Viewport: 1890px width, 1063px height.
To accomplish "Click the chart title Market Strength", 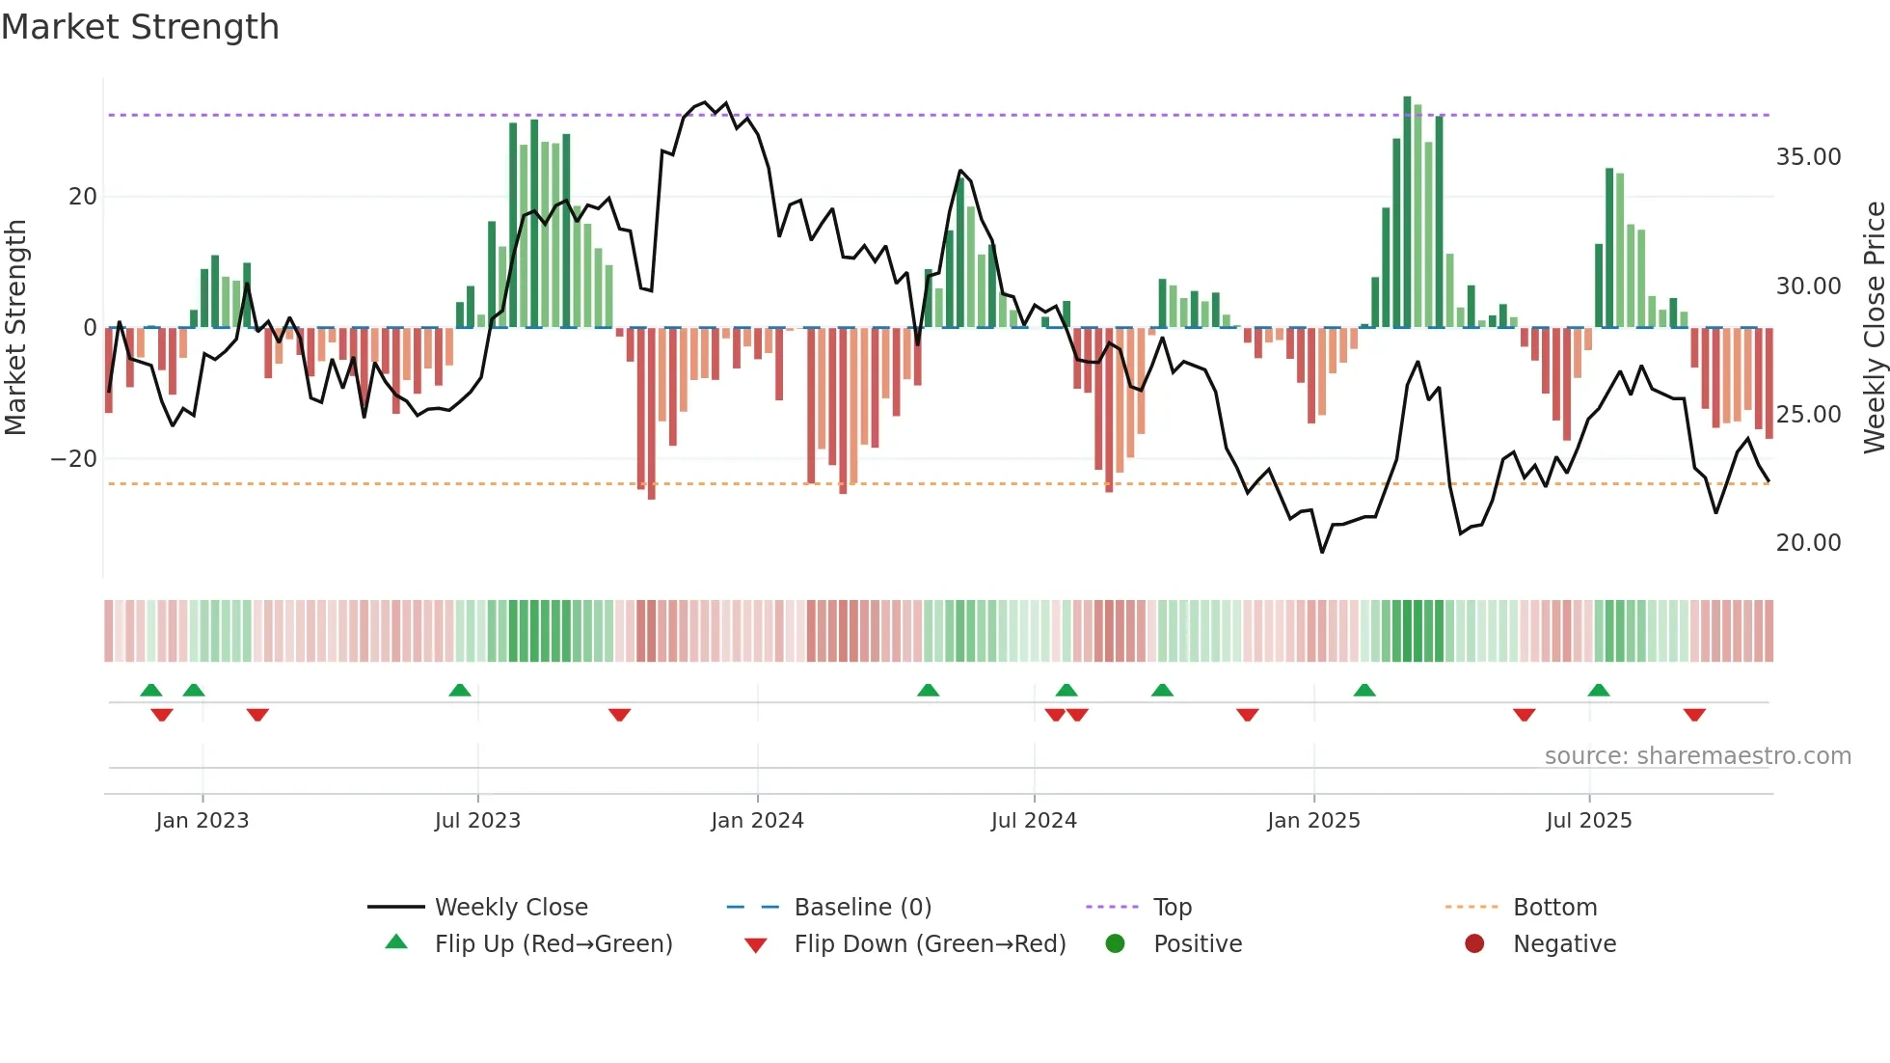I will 140,27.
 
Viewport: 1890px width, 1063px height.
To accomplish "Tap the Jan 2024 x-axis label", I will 757,821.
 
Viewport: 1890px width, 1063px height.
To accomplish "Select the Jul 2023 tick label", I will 477,821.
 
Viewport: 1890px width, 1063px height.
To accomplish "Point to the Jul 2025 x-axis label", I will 1588,821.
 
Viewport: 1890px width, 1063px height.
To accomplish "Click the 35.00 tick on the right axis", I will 1808,157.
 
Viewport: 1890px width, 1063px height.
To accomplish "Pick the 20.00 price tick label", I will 1808,543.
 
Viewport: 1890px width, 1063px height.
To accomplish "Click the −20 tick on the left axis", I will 74,459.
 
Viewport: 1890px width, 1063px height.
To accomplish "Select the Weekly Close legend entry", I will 510,908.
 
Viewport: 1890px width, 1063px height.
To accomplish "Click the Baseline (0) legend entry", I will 862,908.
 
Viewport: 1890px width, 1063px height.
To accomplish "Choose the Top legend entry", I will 1172,908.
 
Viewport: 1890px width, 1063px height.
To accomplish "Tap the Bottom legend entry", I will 1554,908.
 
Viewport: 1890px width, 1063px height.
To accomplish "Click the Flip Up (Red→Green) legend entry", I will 553,944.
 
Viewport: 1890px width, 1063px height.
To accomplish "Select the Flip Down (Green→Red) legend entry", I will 930,944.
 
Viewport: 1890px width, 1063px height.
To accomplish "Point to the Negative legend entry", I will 1563,944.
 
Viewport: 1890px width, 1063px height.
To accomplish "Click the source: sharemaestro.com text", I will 1697,756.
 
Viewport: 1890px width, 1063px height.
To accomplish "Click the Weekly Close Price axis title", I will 1874,328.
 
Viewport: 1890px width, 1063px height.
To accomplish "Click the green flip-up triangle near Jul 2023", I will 460,690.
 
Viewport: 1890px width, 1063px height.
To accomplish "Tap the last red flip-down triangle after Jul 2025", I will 1694,715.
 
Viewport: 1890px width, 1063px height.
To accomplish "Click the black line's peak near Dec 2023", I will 705,103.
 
